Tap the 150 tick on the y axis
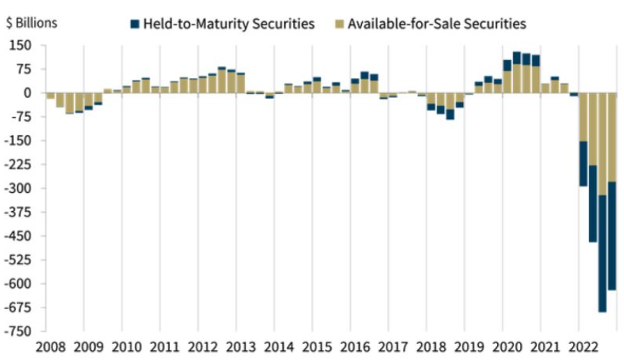(20, 46)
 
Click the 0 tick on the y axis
(27, 93)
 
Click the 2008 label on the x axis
(45, 347)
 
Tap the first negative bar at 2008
(51, 96)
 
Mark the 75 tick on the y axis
(23, 69)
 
